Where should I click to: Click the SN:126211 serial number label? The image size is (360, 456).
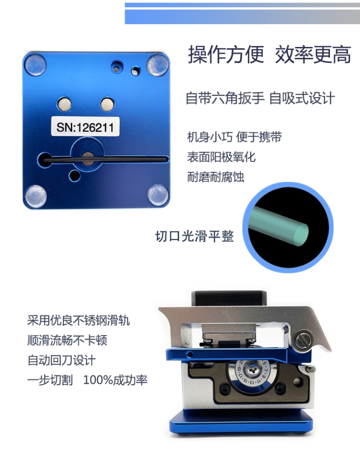tap(85, 126)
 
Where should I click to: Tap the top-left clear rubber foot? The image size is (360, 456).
tap(36, 64)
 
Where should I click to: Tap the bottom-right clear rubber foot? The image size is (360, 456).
tap(158, 195)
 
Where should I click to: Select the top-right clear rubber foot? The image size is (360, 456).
tap(157, 65)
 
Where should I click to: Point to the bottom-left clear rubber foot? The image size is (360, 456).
tap(36, 196)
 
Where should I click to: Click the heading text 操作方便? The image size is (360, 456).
tap(226, 55)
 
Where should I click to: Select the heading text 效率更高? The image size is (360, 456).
tap(313, 55)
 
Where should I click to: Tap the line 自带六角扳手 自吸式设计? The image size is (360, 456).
tap(260, 98)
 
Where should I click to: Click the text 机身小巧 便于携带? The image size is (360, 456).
tap(234, 137)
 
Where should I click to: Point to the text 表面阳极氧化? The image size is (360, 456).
tap(221, 157)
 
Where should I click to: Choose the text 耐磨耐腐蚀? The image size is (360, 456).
tap(216, 177)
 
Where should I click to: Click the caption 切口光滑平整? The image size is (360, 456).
tap(194, 236)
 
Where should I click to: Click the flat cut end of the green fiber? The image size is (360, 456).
tap(301, 235)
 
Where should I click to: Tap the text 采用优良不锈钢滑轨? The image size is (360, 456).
tap(79, 320)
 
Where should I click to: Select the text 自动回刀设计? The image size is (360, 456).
tap(61, 360)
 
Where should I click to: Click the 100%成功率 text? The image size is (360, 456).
tap(116, 380)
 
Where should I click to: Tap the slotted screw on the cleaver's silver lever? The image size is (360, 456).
tap(303, 339)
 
